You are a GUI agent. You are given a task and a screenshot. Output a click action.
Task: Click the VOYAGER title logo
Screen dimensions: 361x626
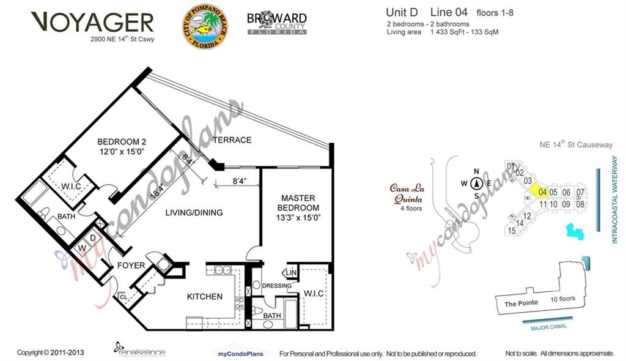pyautogui.click(x=92, y=23)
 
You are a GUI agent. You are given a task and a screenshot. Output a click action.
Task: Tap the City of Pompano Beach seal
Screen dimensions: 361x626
pyautogui.click(x=204, y=28)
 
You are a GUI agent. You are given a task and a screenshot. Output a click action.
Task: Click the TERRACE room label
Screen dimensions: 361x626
pyautogui.click(x=232, y=140)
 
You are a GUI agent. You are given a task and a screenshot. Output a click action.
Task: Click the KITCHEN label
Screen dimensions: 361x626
pyautogui.click(x=204, y=297)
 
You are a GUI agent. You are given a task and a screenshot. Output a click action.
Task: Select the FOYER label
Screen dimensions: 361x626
pyautogui.click(x=131, y=266)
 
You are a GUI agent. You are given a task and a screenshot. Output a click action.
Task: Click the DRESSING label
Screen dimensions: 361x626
pyautogui.click(x=276, y=285)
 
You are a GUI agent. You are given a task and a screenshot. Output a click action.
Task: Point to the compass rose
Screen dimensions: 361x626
pyautogui.click(x=477, y=183)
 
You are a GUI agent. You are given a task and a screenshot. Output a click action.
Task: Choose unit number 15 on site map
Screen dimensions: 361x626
pyautogui.click(x=512, y=231)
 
